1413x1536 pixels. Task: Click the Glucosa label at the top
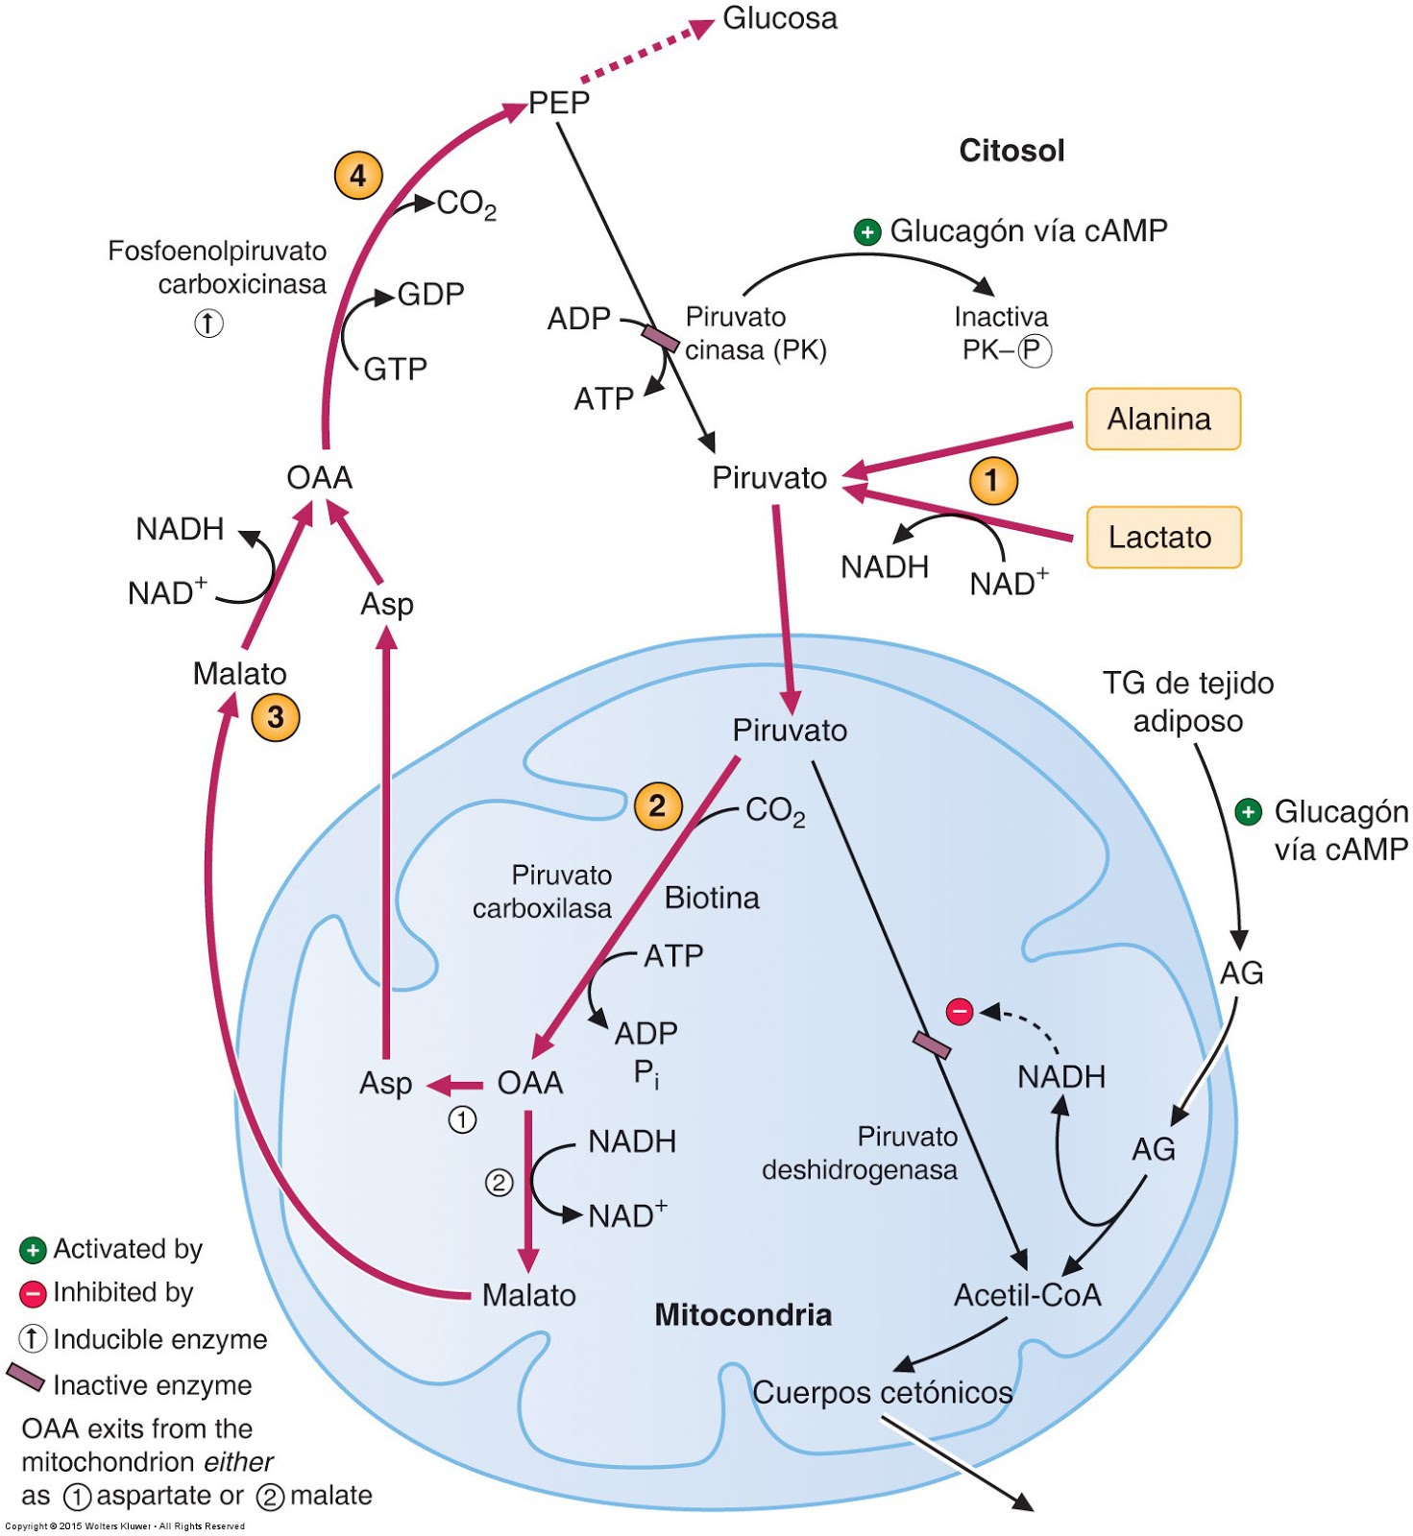(x=779, y=18)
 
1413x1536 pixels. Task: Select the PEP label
(x=558, y=103)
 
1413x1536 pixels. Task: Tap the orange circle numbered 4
(x=358, y=176)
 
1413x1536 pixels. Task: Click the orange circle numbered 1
(x=993, y=480)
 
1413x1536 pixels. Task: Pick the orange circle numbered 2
(x=658, y=805)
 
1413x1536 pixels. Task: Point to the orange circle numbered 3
(x=276, y=717)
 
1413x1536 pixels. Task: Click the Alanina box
(x=1162, y=420)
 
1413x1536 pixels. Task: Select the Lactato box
(x=1163, y=538)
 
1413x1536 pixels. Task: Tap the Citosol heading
(x=1011, y=151)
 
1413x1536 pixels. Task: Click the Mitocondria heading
(x=743, y=1314)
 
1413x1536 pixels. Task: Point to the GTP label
(x=395, y=369)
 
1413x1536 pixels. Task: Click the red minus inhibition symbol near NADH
(x=960, y=1011)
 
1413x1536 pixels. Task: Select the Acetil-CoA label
(x=1027, y=1295)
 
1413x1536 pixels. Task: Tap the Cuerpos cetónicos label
(x=882, y=1392)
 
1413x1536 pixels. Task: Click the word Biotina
(x=712, y=898)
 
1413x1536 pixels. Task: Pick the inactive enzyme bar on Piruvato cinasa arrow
(x=660, y=338)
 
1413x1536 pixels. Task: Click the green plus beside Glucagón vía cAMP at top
(x=867, y=232)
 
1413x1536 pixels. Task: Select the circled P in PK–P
(x=1035, y=350)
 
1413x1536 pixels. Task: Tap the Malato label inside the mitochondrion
(x=528, y=1295)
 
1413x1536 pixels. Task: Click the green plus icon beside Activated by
(x=33, y=1250)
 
